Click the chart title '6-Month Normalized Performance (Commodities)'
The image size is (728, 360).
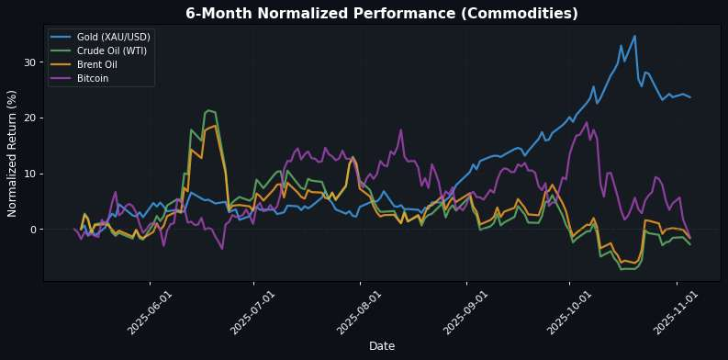click(381, 14)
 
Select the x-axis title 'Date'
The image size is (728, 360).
click(381, 345)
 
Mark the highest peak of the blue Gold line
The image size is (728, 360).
click(634, 36)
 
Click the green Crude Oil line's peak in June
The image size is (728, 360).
click(208, 110)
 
